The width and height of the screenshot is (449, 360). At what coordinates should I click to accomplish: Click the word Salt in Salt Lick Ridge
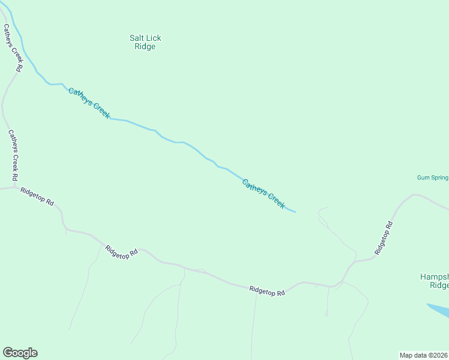(x=137, y=38)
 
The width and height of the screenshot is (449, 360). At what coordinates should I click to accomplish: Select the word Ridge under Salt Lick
(x=145, y=47)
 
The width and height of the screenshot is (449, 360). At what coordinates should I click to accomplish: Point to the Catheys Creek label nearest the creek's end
(x=263, y=194)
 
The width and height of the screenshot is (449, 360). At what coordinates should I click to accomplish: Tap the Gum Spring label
(x=432, y=178)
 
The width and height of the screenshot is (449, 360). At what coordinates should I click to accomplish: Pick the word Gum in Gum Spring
(x=423, y=178)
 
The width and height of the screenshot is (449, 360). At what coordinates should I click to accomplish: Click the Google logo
(x=20, y=353)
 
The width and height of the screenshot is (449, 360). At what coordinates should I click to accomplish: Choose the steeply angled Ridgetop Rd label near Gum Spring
(x=384, y=238)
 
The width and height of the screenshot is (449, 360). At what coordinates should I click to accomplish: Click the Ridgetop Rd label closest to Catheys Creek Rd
(x=37, y=197)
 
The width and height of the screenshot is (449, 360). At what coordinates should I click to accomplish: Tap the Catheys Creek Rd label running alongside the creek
(x=12, y=48)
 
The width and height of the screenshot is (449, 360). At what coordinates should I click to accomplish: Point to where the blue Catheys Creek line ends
(x=295, y=212)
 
